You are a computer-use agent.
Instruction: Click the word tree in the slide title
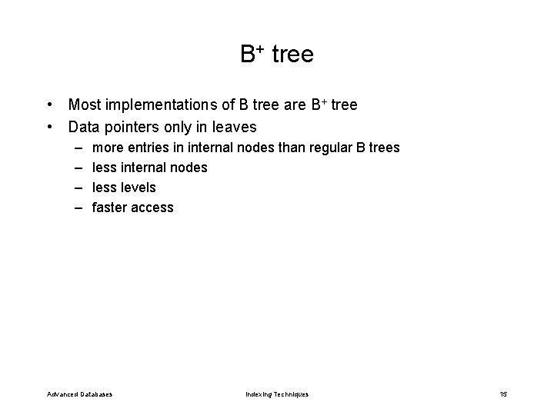click(292, 55)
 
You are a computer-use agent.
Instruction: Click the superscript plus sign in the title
click(261, 49)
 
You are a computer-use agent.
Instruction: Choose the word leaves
click(234, 125)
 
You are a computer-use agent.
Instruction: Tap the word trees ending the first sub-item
click(383, 147)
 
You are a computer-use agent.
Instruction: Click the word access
click(154, 207)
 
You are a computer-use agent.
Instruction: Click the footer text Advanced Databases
click(79, 394)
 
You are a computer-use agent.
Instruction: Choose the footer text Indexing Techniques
click(277, 394)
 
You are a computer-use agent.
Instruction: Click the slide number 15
click(503, 394)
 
